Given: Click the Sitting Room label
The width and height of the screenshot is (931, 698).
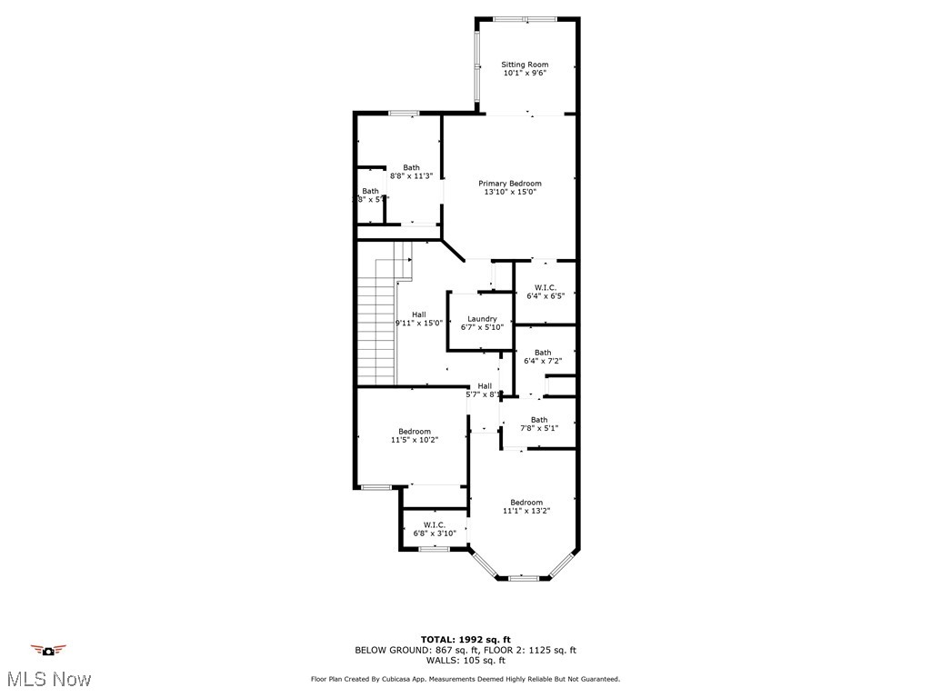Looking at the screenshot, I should (x=526, y=65).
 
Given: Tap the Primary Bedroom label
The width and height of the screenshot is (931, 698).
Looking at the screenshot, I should (x=510, y=184).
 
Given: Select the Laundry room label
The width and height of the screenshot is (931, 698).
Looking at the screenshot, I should (x=482, y=319).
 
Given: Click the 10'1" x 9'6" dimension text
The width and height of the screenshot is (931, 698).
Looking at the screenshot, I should (x=526, y=74).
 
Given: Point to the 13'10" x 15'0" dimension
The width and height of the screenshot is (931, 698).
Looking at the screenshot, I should (x=510, y=192).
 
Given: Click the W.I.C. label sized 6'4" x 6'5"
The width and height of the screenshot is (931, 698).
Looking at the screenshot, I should (x=546, y=287).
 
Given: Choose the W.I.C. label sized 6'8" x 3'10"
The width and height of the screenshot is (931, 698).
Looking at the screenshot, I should (x=434, y=524).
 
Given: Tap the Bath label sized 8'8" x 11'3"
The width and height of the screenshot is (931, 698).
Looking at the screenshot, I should (x=412, y=167).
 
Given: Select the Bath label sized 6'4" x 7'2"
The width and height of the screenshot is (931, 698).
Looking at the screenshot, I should (x=543, y=353).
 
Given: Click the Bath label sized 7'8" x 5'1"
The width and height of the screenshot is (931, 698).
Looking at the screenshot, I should (x=539, y=420).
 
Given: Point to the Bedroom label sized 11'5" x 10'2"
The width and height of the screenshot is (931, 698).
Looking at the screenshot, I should (x=415, y=432).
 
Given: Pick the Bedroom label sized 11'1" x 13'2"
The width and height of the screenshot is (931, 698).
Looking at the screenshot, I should (x=526, y=503).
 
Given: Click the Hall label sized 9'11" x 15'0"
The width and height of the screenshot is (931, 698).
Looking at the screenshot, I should (x=418, y=314).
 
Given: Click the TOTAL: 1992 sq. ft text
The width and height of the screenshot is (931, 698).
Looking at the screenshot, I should (x=465, y=639).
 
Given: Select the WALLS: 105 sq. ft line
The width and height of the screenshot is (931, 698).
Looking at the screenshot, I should (x=465, y=661).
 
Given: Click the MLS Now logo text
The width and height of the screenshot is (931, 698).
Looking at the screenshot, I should (x=48, y=679).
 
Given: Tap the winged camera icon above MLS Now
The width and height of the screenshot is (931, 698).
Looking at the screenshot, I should (x=48, y=650).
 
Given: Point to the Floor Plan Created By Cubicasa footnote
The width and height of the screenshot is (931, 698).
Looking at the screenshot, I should (x=465, y=679).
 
